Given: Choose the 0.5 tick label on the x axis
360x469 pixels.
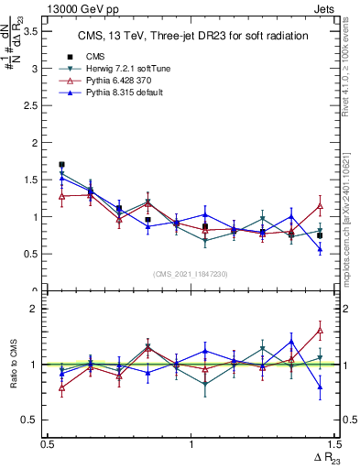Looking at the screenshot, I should pyautogui.click(x=48, y=444).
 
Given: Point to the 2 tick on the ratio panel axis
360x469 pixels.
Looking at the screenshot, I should pyautogui.click(x=38, y=309).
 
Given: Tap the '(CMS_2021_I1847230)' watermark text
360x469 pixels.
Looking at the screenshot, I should pyautogui.click(x=191, y=274).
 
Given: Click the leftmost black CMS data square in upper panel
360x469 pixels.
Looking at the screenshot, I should pyautogui.click(x=61, y=165).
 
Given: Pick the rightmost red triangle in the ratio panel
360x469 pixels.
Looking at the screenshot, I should pyautogui.click(x=320, y=330).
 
